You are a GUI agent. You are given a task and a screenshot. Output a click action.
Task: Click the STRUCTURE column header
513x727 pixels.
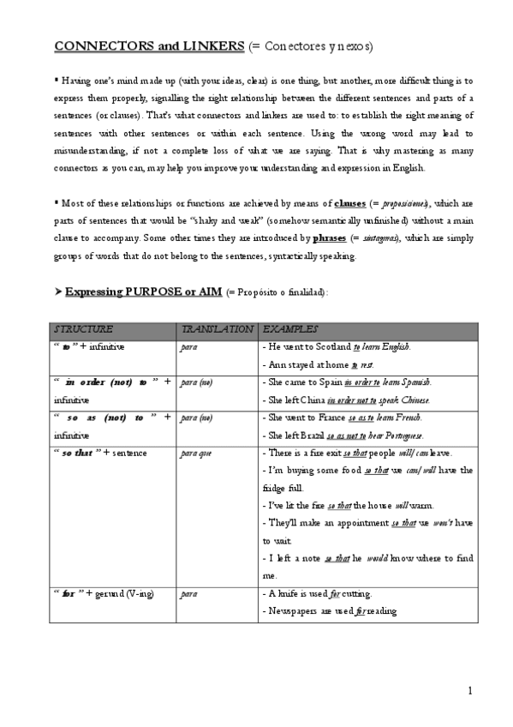tap(83, 329)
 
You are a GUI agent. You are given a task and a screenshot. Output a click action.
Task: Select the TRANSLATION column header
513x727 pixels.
tap(217, 329)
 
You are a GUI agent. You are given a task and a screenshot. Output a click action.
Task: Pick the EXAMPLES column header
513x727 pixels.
tap(290, 329)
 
